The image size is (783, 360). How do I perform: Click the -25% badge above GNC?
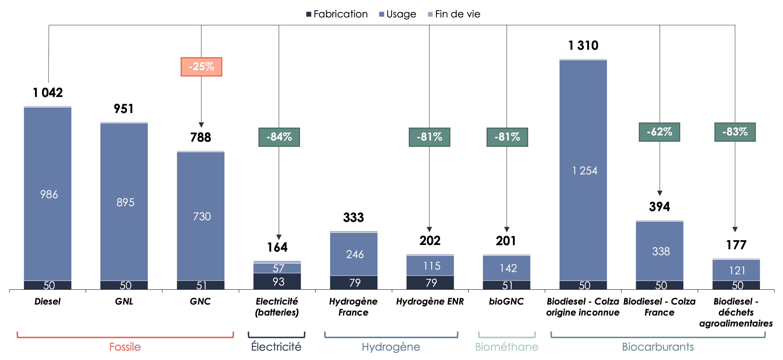pyautogui.click(x=201, y=66)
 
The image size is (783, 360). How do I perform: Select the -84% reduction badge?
pyautogui.click(x=279, y=137)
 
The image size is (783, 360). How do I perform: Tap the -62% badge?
pyautogui.click(x=659, y=132)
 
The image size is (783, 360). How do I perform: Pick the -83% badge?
pyautogui.click(x=735, y=132)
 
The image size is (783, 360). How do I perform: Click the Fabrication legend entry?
pyautogui.click(x=337, y=14)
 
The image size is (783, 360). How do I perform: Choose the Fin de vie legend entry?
pyautogui.click(x=454, y=14)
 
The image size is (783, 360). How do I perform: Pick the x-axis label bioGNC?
pyautogui.click(x=506, y=301)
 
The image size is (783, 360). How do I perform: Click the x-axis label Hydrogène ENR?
pyautogui.click(x=430, y=301)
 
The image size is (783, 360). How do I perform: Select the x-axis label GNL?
pyautogui.click(x=124, y=301)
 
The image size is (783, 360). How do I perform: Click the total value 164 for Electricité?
pyautogui.click(x=277, y=247)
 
